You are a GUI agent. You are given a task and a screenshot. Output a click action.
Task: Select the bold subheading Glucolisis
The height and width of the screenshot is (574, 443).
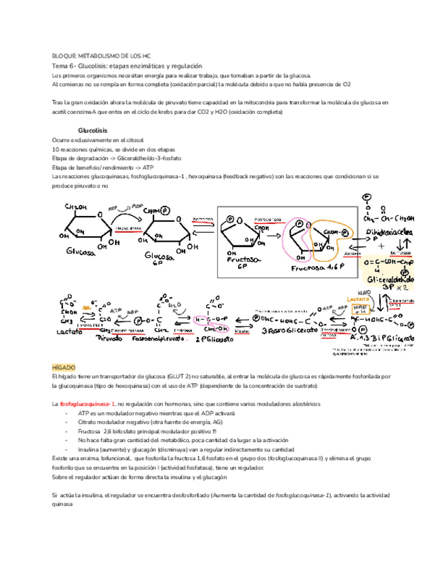(x=93, y=129)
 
